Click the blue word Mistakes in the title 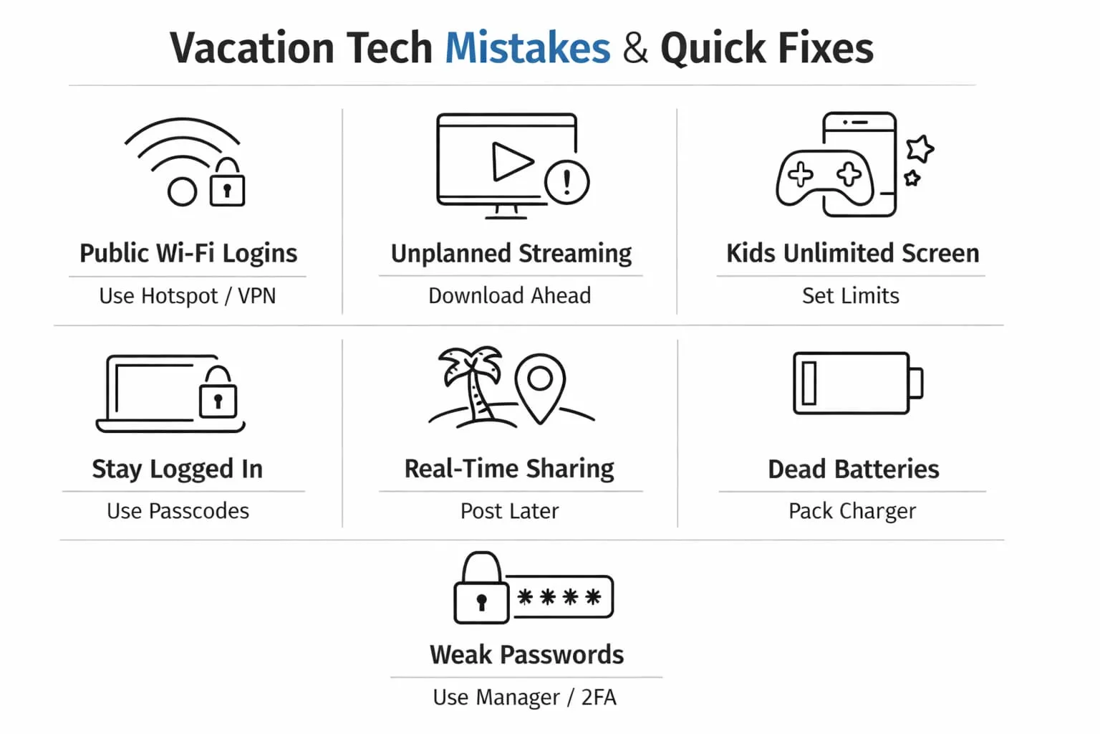tap(527, 48)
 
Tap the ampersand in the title tap(635, 48)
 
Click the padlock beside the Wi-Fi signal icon tap(227, 182)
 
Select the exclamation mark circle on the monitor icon tap(566, 182)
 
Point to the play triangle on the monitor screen tap(511, 162)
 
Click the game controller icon tap(825, 178)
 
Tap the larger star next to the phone tap(920, 149)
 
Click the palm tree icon tap(471, 386)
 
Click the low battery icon tap(858, 383)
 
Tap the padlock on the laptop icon tap(218, 392)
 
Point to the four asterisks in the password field tap(559, 597)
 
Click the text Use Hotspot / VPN tap(188, 296)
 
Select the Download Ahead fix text tap(510, 295)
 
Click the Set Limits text tap(851, 295)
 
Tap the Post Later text tap(510, 511)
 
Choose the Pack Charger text tap(852, 511)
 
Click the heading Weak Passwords tap(527, 654)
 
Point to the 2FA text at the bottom tap(599, 697)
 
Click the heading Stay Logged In tap(178, 469)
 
